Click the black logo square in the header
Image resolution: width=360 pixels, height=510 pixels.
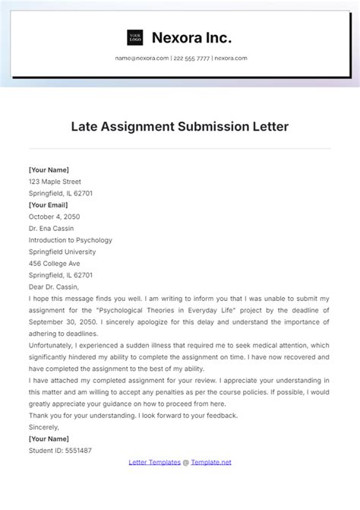point(135,37)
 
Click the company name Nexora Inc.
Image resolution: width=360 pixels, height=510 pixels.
point(191,37)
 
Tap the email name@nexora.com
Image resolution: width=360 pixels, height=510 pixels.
point(142,59)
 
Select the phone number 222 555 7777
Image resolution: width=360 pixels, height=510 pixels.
point(191,59)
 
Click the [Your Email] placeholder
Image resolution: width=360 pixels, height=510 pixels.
point(49,204)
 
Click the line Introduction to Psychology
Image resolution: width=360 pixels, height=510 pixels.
point(71,239)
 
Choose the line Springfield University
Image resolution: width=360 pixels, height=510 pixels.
point(62,251)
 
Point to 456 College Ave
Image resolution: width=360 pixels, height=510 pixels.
point(54,262)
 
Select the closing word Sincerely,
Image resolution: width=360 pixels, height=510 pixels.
point(44,427)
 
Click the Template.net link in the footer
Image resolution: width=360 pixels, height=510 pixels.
point(210,461)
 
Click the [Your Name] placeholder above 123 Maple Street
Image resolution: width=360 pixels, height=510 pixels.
point(49,170)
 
